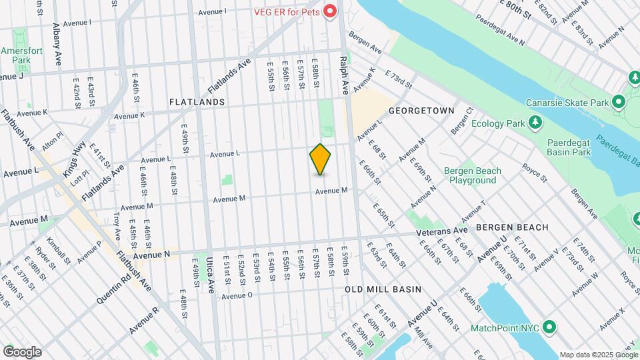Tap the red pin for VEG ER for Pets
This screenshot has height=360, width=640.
(x=329, y=11)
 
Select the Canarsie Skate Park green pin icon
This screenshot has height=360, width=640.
(x=617, y=103)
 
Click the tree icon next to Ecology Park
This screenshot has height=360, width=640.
(x=533, y=123)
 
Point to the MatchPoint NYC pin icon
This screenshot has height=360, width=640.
(x=549, y=327)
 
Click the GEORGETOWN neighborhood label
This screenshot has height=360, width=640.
(x=421, y=110)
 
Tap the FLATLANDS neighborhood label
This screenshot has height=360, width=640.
(x=197, y=102)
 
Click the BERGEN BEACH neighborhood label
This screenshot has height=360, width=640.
(x=512, y=227)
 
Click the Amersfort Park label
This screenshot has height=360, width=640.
(x=16, y=55)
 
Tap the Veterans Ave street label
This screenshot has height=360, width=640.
(x=442, y=231)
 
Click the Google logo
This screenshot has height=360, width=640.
(x=21, y=351)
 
